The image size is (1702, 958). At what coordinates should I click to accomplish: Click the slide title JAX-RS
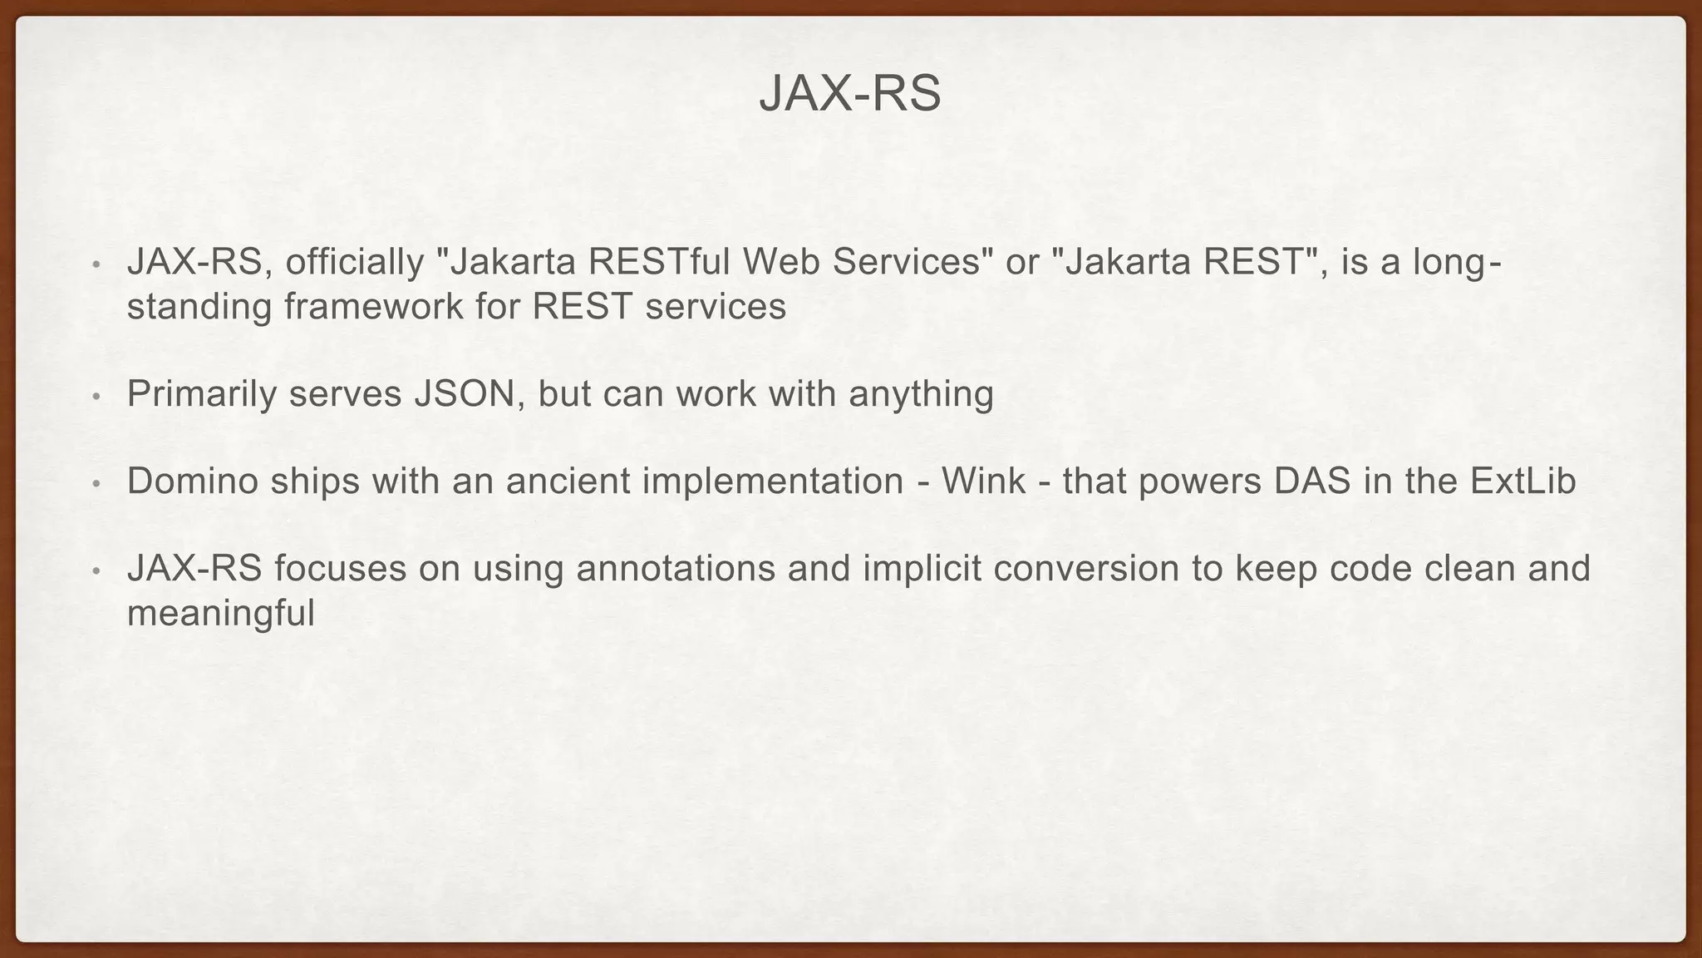pos(850,93)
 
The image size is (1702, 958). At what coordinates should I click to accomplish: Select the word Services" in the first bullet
pos(913,263)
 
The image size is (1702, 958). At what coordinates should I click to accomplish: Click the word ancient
pos(561,481)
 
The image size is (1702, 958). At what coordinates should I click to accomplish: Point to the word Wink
pos(983,481)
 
